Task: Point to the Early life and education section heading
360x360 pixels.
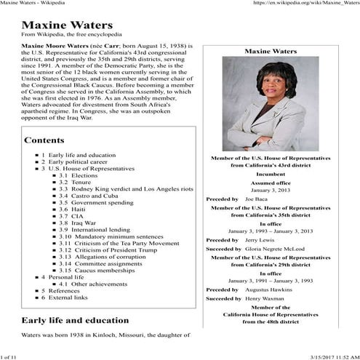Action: click(x=76, y=321)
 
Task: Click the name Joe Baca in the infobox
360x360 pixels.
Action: click(x=255, y=198)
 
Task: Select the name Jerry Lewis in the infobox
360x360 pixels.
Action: click(x=259, y=239)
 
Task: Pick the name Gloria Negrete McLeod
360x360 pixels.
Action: click(x=281, y=249)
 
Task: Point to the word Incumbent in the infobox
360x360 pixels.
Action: click(x=271, y=174)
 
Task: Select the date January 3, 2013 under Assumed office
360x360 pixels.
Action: click(x=271, y=189)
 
